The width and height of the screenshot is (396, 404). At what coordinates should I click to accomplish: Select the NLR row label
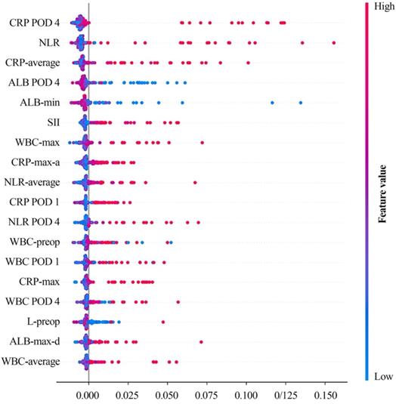[51, 43]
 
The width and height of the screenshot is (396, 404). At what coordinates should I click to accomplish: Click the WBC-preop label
[38, 242]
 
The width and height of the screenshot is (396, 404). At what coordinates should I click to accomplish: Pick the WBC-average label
[32, 362]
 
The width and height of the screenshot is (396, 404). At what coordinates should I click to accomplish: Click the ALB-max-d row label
[37, 342]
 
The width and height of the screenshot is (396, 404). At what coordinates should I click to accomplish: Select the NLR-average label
[36, 182]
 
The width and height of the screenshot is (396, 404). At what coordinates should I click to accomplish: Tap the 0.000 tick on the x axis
[88, 395]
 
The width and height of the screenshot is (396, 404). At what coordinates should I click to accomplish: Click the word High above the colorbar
[376, 5]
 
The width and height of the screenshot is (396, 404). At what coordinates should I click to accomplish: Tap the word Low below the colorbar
[376, 376]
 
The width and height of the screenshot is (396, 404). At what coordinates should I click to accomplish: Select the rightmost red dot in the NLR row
[333, 43]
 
